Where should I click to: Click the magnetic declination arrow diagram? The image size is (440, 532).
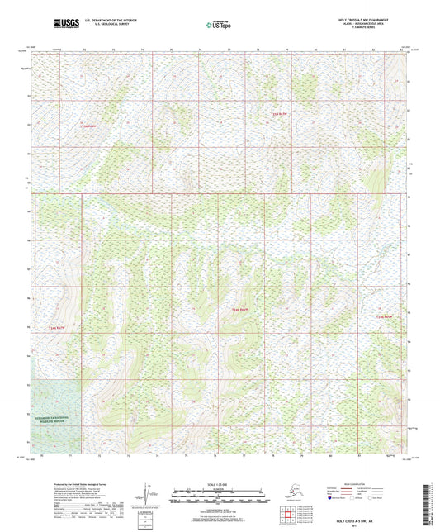pyautogui.click(x=151, y=493)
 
